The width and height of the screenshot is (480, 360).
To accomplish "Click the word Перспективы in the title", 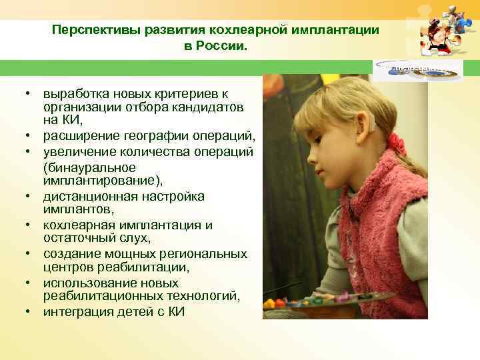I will click(x=89, y=30).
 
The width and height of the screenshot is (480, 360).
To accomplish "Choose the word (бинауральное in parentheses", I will click(x=89, y=167).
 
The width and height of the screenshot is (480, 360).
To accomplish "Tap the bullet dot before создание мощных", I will click(x=31, y=254).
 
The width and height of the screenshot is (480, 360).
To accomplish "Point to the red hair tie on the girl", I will click(x=397, y=144).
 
